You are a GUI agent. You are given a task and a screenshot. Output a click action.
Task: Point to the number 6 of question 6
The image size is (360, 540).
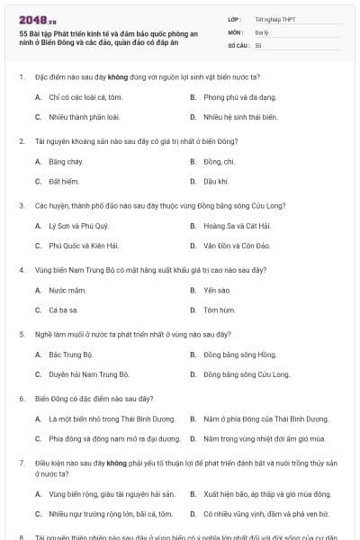pos(22,397)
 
